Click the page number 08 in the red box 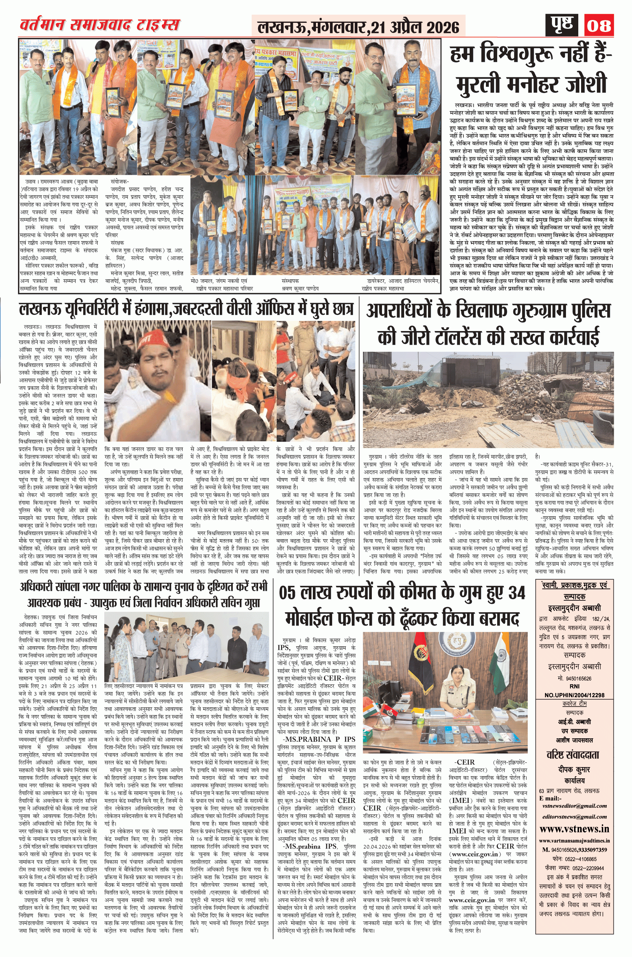pos(599,25)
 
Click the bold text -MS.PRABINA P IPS pos(319,739)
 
